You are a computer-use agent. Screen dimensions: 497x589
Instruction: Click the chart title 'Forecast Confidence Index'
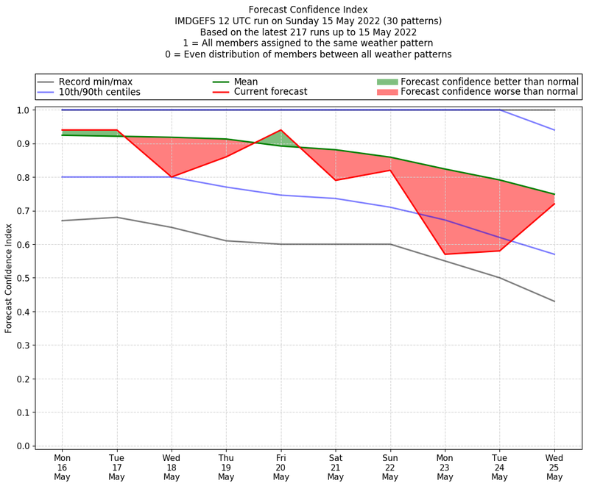coord(308,10)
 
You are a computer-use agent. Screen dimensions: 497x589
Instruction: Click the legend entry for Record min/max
coord(95,82)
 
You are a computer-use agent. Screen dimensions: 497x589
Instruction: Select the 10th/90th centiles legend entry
coord(99,92)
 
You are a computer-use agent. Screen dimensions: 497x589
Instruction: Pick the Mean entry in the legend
coord(247,82)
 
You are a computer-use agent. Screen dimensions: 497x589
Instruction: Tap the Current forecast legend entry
coord(270,92)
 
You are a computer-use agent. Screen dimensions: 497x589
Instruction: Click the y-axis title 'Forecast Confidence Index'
coord(9,278)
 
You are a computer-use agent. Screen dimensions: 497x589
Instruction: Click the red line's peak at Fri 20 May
coord(281,130)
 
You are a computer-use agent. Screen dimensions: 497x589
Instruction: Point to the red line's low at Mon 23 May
coord(445,254)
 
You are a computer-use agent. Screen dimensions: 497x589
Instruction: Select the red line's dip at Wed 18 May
coord(172,177)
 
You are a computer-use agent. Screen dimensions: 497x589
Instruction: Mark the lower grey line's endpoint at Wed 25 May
coord(554,301)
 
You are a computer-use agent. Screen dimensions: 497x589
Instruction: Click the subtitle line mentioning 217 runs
coord(308,32)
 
